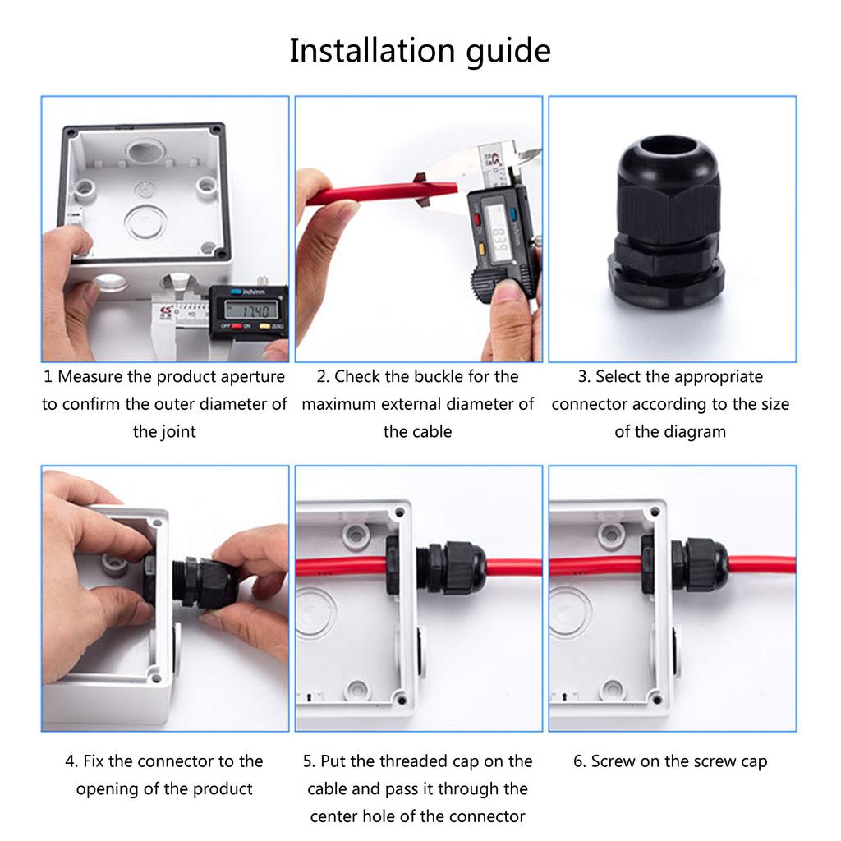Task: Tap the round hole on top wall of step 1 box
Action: (145, 151)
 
